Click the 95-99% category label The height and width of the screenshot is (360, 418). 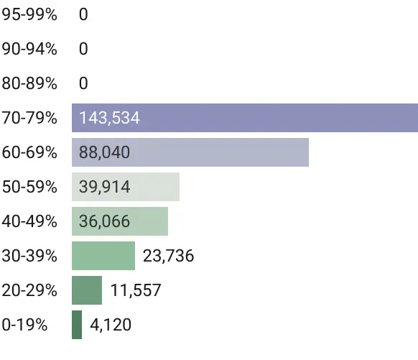click(29, 14)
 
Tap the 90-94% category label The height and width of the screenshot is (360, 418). click(29, 49)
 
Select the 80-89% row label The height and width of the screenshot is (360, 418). click(29, 83)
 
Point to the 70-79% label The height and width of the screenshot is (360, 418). click(29, 118)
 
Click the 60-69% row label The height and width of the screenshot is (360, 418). click(29, 152)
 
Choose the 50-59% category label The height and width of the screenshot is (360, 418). click(29, 187)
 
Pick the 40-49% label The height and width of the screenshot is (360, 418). click(29, 221)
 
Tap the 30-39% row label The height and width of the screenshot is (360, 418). click(29, 256)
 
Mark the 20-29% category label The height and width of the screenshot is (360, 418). click(29, 290)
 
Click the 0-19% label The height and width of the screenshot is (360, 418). click(25, 325)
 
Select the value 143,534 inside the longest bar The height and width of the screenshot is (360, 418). click(110, 118)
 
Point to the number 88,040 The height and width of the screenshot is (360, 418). click(105, 152)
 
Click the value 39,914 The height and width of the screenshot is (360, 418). click(105, 187)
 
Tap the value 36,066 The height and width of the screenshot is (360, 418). click(105, 221)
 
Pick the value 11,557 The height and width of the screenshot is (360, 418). click(136, 290)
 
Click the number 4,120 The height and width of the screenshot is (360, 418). click(111, 325)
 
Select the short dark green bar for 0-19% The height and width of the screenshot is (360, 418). click(77, 325)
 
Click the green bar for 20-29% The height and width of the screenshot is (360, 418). click(87, 290)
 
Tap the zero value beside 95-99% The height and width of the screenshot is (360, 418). click(83, 14)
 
